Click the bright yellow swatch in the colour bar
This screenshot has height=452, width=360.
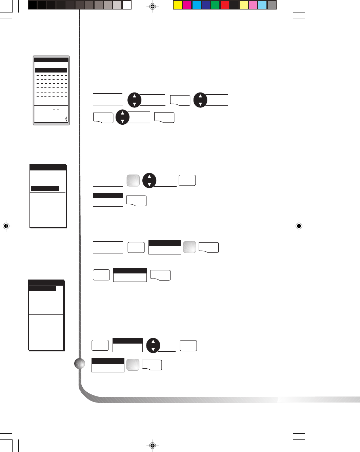pyautogui.click(x=178, y=5)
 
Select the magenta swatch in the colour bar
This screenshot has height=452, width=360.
pyautogui.click(x=187, y=5)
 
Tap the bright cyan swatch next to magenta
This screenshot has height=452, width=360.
pyautogui.click(x=197, y=5)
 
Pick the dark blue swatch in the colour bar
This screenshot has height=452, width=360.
pyautogui.click(x=206, y=5)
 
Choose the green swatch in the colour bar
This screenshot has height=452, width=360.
pyautogui.click(x=215, y=5)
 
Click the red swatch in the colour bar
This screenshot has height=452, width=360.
pyautogui.click(x=225, y=5)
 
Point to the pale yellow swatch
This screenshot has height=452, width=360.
pyautogui.click(x=243, y=5)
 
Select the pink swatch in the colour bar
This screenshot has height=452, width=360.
pyautogui.click(x=253, y=5)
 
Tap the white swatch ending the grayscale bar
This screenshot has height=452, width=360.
pyautogui.click(x=127, y=5)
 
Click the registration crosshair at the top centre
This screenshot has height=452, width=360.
pyautogui.click(x=153, y=6)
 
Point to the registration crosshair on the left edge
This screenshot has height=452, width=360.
pyautogui.click(x=6, y=226)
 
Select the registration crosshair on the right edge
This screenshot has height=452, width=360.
pyautogui.click(x=299, y=226)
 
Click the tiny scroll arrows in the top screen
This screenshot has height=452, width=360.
pyautogui.click(x=66, y=119)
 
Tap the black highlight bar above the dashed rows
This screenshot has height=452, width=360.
pyautogui.click(x=51, y=70)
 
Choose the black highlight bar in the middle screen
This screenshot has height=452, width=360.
pyautogui.click(x=45, y=188)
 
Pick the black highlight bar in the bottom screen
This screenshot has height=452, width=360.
pyautogui.click(x=43, y=288)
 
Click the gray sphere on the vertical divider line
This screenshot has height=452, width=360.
pyautogui.click(x=80, y=364)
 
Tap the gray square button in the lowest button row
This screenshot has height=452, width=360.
pyautogui.click(x=133, y=365)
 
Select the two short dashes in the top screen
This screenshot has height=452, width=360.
pyautogui.click(x=56, y=109)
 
